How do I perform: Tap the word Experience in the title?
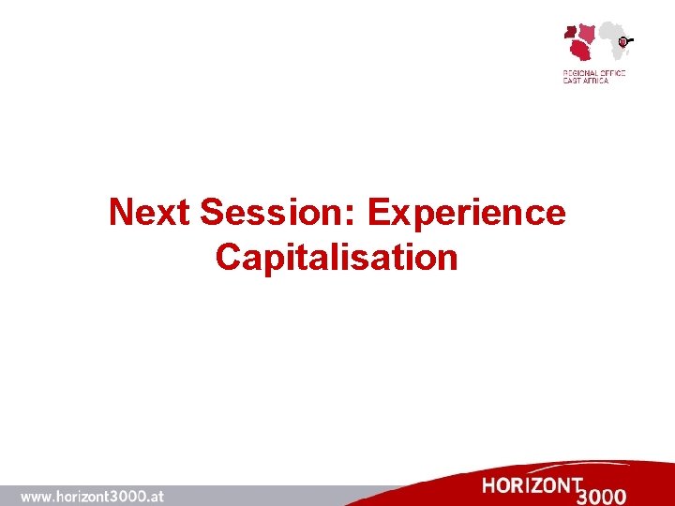pyautogui.click(x=467, y=214)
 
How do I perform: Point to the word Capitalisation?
pyautogui.click(x=337, y=257)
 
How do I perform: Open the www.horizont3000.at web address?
pyautogui.click(x=92, y=496)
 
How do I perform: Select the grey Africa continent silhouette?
pyautogui.click(x=612, y=41)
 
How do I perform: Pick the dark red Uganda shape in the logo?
pyautogui.click(x=571, y=32)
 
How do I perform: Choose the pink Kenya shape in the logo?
pyautogui.click(x=588, y=33)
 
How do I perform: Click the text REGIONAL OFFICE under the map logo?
pyautogui.click(x=593, y=73)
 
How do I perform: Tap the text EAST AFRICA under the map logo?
pyautogui.click(x=585, y=81)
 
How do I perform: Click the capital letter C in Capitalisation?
pyautogui.click(x=228, y=257)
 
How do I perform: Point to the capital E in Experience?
pyautogui.click(x=380, y=214)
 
